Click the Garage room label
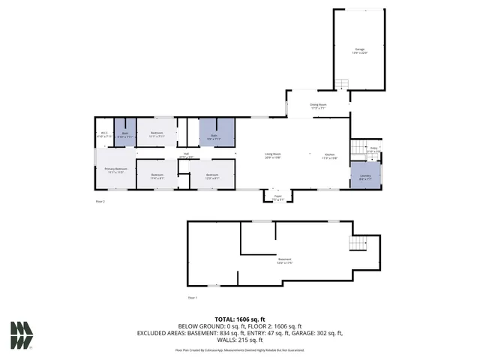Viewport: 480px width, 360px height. [360, 51]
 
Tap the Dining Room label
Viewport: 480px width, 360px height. [318, 106]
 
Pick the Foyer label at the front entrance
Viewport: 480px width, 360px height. [277, 199]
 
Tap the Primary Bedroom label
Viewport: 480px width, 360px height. [115, 170]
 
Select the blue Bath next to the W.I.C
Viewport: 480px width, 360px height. [125, 134]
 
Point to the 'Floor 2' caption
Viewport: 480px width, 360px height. [100, 202]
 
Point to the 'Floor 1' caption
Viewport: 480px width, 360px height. [192, 298]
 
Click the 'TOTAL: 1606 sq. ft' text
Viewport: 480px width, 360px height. [239, 319]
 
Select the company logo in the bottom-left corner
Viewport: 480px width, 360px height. [22, 335]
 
